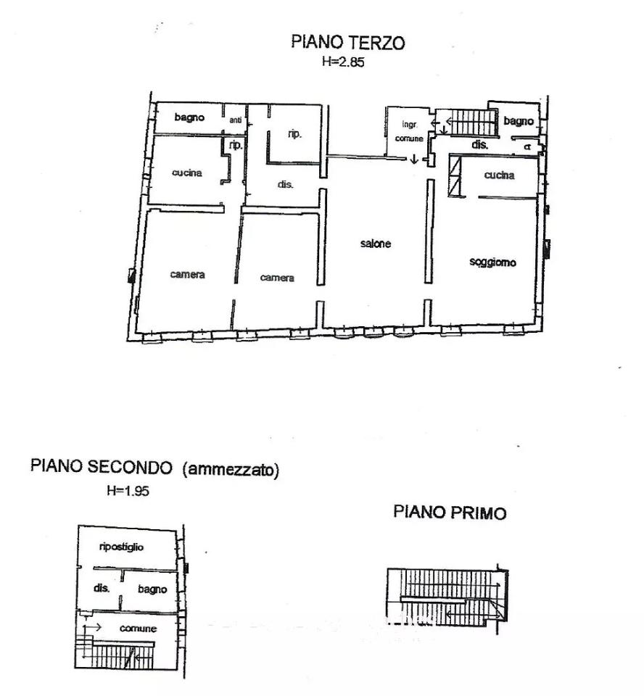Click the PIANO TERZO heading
[348, 42]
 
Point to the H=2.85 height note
[342, 62]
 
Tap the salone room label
[376, 244]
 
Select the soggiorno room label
[493, 262]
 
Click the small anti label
[236, 120]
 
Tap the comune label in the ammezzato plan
[138, 629]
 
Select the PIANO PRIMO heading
[450, 513]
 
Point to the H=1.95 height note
[128, 491]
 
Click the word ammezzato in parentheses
[231, 469]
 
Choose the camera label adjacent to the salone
[278, 278]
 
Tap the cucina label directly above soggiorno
[500, 175]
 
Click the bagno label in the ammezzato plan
[152, 589]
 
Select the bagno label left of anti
[189, 117]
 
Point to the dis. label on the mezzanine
[101, 588]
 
